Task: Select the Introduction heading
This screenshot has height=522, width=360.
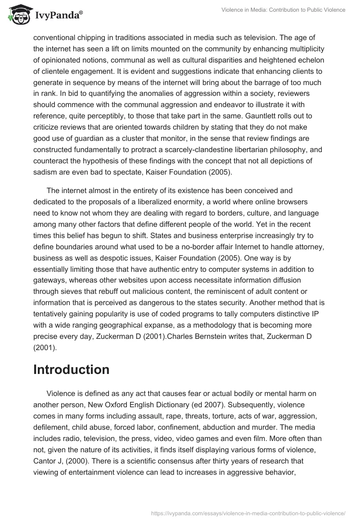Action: coord(71,369)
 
